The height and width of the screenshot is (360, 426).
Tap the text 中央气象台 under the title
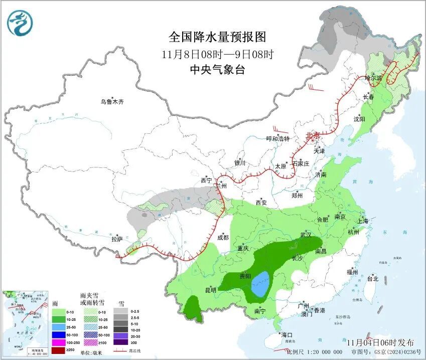coord(217,70)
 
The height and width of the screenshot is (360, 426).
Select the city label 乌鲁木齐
coord(111,102)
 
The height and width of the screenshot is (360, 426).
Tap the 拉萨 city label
coord(117,239)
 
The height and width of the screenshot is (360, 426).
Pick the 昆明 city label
coord(210,290)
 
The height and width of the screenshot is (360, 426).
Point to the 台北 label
coord(372,279)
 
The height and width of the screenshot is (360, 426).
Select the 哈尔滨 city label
coord(373,78)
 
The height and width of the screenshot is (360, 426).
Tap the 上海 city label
coord(362,221)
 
